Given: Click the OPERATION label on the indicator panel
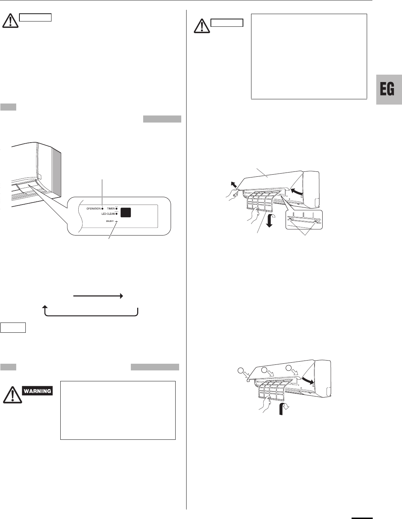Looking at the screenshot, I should (93, 209).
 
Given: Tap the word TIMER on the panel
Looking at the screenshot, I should (111, 209).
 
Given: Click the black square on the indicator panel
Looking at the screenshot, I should (126, 212).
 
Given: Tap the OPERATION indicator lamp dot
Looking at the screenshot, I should (102, 209).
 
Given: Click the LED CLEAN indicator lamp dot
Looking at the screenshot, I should (116, 214).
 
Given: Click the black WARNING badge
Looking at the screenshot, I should (38, 391).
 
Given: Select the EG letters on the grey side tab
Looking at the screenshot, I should (387, 90).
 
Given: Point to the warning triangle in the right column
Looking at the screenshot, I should (201, 26).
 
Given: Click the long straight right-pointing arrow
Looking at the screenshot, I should (98, 296).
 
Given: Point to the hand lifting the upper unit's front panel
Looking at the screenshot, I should (231, 193).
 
